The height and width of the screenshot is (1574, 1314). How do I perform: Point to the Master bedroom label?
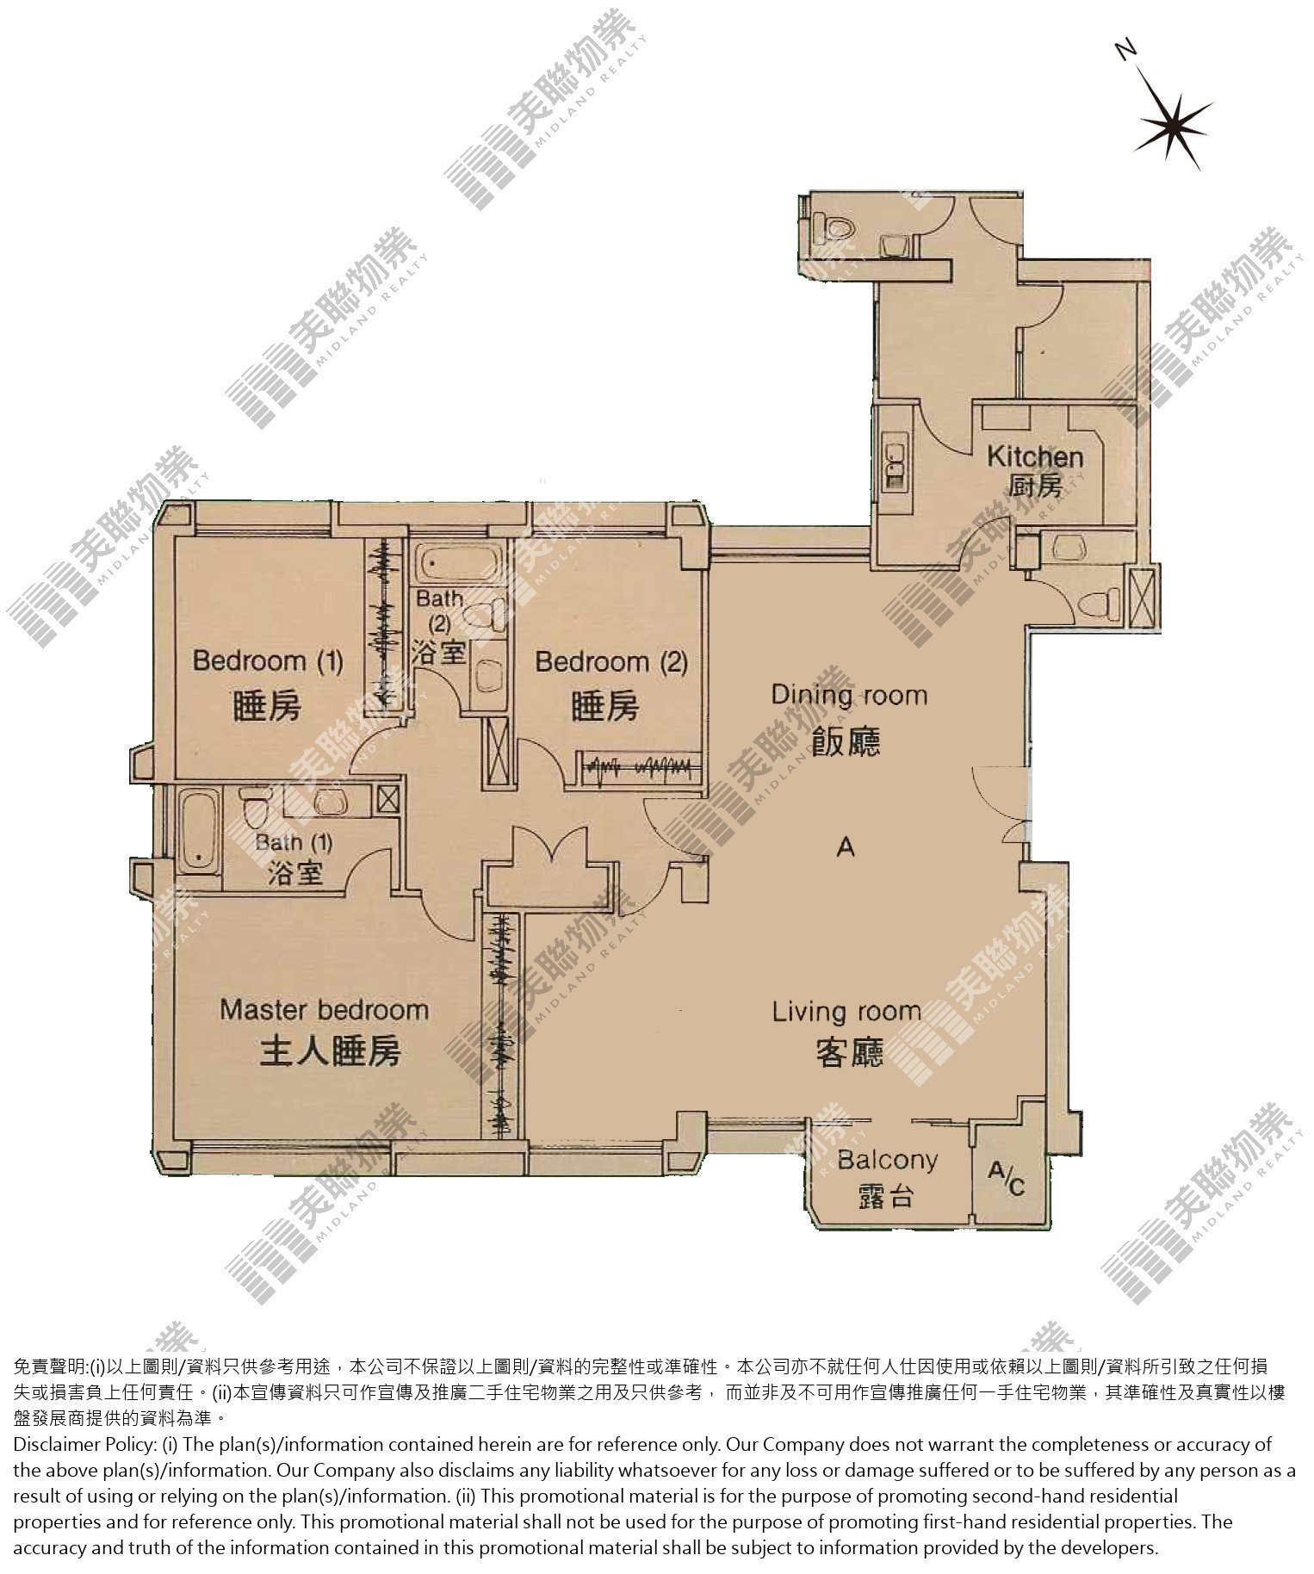[324, 1009]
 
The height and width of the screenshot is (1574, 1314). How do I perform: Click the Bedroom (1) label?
[268, 661]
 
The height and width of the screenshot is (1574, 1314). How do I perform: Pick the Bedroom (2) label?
[611, 662]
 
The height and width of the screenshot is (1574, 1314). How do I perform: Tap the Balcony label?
[887, 1160]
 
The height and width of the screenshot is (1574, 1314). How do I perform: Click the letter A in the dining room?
[846, 848]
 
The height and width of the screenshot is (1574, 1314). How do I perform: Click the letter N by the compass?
[1125, 51]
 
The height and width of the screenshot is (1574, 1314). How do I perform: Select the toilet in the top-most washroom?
[835, 225]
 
